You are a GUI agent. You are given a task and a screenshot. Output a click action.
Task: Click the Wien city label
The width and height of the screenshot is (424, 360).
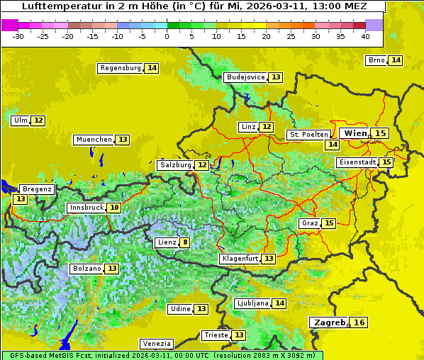pos(355,133)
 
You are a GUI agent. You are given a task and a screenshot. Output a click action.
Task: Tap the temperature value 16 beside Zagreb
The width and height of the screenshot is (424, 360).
pos(360,322)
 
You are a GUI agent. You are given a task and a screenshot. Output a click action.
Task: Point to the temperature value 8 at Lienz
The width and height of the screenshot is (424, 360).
pos(185,242)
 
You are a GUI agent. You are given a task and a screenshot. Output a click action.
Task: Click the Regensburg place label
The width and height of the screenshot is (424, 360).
pos(121,68)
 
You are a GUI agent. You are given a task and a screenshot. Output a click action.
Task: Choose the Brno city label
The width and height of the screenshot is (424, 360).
pos(376,60)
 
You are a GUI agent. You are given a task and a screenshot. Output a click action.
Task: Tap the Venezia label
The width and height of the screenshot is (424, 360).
pos(155,343)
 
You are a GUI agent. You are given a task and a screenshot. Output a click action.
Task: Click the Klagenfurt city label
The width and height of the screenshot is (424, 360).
pos(240,259)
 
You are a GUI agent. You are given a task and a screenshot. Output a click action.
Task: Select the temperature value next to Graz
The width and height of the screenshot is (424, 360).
pos(329,223)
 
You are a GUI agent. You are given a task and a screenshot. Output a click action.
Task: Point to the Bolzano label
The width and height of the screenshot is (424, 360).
pos(87,269)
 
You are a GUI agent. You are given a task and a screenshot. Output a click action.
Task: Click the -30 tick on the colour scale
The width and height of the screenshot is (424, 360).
pos(18,36)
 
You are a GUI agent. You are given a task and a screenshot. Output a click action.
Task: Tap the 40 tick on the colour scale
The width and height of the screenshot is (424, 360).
pos(365,36)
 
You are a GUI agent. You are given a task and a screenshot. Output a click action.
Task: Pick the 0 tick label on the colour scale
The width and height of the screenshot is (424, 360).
pos(167,36)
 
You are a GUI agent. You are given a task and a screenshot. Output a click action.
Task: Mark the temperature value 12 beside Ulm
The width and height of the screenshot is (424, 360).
pos(38,120)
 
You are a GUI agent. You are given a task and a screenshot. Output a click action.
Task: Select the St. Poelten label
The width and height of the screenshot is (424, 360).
pos(308,134)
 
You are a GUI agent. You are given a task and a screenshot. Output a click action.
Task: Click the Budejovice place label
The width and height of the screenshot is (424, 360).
pos(245,77)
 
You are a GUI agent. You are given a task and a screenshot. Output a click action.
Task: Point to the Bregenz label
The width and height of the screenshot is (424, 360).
pos(37,189)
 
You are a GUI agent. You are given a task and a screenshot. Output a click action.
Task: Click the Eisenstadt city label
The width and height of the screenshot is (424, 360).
pos(357,162)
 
